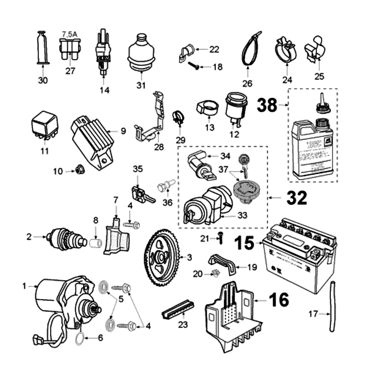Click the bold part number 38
click(267, 105)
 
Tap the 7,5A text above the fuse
click(70, 34)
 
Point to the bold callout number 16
click(278, 300)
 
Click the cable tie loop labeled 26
click(251, 48)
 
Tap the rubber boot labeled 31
click(140, 54)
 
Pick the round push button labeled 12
click(235, 108)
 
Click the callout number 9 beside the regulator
click(123, 131)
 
